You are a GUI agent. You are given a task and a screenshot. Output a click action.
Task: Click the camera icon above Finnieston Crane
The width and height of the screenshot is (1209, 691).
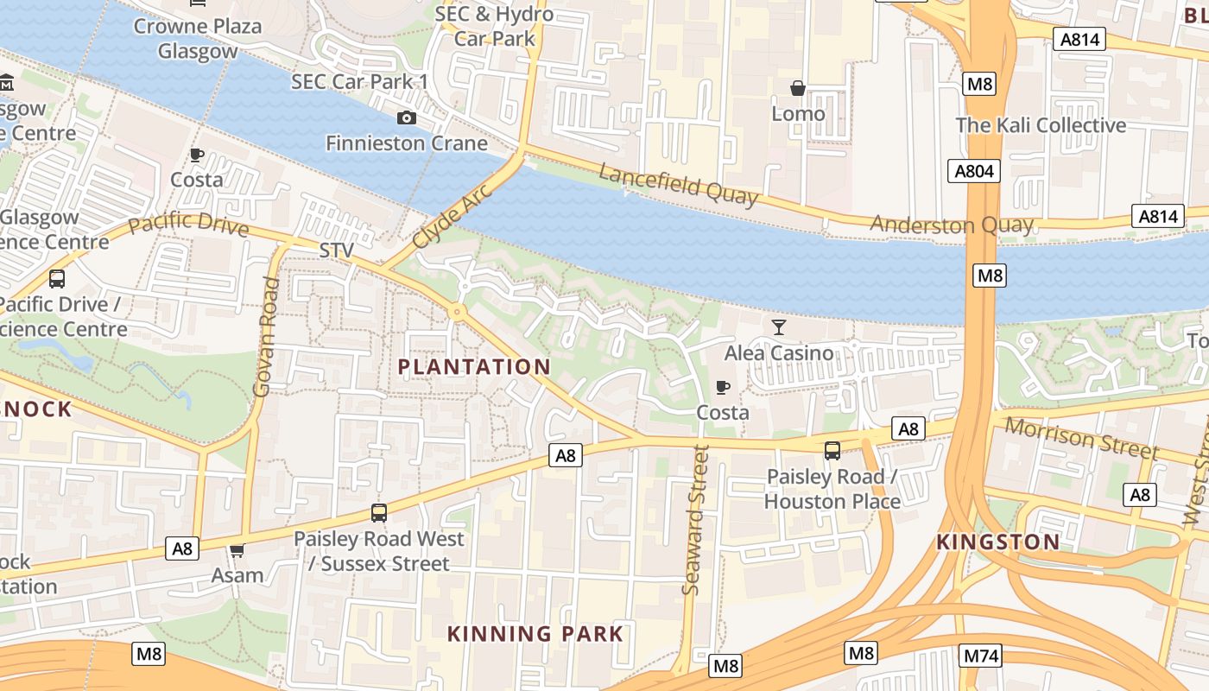[x=406, y=118]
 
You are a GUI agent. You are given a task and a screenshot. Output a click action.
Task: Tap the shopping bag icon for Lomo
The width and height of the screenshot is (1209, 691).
[x=798, y=88]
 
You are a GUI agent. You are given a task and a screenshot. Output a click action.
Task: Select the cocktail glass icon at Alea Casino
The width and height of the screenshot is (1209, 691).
[x=779, y=326]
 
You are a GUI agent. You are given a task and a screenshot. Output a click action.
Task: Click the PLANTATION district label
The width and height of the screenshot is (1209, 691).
[x=473, y=367]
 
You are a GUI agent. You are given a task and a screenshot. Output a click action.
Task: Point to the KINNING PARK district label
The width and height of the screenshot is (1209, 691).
[x=535, y=634]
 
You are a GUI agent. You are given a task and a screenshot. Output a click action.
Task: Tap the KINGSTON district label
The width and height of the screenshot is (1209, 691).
[x=998, y=542]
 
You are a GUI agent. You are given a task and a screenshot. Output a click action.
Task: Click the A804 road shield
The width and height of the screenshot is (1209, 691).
[x=973, y=171]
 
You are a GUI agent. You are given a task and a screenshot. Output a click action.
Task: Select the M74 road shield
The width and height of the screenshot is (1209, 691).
[x=981, y=656]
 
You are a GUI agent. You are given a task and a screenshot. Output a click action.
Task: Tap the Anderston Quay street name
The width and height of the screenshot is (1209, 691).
[x=951, y=225]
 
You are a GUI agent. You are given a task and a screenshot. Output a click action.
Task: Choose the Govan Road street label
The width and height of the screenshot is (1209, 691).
[x=267, y=337]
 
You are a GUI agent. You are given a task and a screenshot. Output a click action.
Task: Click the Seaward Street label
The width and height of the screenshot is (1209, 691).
[x=695, y=520]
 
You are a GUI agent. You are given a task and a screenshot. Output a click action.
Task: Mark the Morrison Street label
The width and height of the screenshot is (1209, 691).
[x=1081, y=438]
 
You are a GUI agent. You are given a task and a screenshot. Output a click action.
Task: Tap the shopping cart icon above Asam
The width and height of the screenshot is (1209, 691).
[x=237, y=550]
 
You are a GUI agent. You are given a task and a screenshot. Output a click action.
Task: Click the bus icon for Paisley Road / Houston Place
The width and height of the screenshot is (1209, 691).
[x=832, y=451]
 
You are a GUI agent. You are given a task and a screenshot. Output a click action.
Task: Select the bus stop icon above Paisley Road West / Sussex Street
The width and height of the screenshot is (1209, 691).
[x=378, y=513]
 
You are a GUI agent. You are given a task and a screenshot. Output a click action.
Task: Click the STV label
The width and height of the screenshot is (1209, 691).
[x=337, y=250]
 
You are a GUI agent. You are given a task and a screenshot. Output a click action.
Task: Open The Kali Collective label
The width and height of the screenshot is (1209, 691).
[x=1041, y=125]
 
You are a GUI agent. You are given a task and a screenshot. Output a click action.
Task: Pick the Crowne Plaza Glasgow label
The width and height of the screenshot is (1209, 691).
[x=197, y=39]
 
